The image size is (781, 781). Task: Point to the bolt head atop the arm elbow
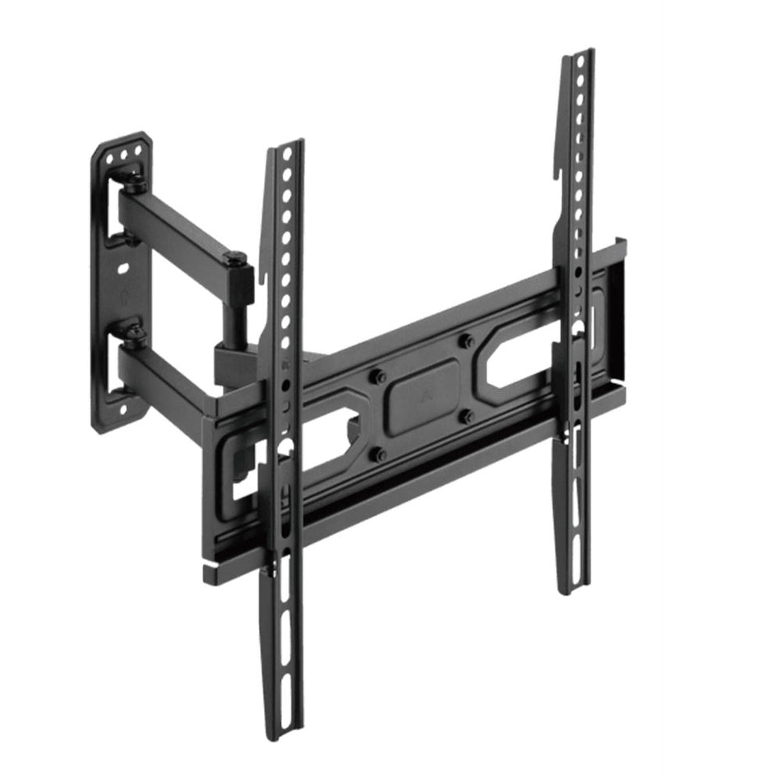point(236,259)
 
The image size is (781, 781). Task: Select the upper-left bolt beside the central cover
point(379,377)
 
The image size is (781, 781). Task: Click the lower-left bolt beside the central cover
point(379,453)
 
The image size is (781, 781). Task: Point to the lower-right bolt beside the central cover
point(467,416)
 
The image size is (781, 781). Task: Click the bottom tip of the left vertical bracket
point(283,732)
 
